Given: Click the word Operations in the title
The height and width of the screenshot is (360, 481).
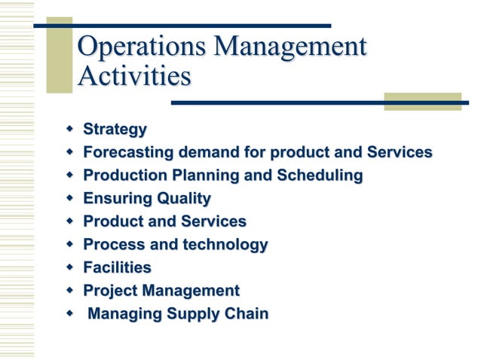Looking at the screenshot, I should point(141,47).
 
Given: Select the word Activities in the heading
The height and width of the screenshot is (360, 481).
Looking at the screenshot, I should point(133,77).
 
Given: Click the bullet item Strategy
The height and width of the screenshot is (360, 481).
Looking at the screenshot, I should point(115,130).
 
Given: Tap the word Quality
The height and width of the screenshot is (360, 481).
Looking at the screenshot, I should point(183,199).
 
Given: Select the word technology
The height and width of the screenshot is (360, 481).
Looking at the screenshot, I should point(222,245).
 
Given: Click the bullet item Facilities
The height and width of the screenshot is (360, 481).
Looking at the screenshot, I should point(117,267).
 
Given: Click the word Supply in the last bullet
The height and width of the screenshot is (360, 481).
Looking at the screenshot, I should point(195,314).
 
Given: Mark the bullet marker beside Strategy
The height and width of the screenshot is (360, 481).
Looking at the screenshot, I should point(69,130).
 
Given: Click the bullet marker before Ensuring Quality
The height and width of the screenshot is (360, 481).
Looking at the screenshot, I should point(69,199).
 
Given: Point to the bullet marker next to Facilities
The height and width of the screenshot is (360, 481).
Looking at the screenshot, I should point(69,267).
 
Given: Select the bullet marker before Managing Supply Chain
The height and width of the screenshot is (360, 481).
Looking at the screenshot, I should point(69,313).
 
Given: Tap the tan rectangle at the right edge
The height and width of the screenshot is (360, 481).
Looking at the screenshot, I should point(422,102).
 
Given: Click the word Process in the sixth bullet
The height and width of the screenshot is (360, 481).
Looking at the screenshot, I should point(113,245).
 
